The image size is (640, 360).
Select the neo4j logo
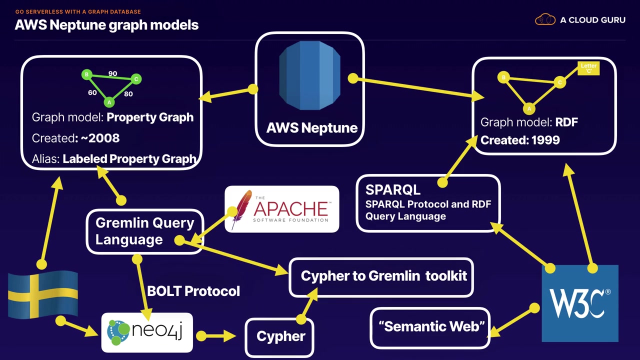[147, 332]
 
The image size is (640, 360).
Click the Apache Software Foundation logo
[282, 209]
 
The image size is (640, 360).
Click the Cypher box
[280, 336]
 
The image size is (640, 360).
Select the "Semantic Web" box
[431, 327]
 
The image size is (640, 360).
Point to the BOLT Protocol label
[193, 291]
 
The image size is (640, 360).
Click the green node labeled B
[87, 75]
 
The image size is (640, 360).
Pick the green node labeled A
[109, 102]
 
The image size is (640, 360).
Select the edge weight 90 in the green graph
[112, 73]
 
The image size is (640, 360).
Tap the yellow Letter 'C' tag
[588, 68]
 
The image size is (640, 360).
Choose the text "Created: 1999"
[520, 140]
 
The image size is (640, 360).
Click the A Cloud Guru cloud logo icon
[545, 20]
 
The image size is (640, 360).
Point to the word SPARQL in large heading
[393, 190]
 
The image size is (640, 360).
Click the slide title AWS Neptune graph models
[106, 25]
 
